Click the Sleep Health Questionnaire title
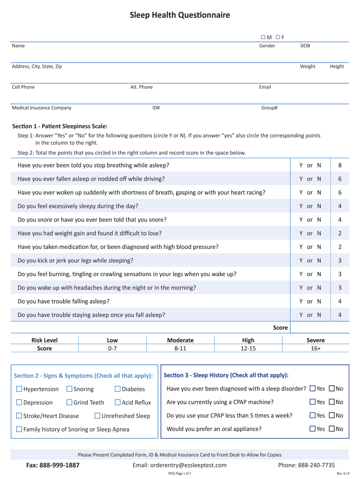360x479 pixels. [x=180, y=15]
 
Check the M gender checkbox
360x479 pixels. [x=263, y=37]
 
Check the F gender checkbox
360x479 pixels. [x=277, y=37]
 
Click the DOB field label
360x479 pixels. [x=305, y=46]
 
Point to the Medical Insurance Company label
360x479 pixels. [x=42, y=108]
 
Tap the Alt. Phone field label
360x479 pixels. [x=141, y=87]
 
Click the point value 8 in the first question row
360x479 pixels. [x=340, y=165]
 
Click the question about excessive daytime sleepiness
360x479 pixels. [x=78, y=206]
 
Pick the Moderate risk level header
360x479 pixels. [x=180, y=340]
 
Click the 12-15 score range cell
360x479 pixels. [x=248, y=348]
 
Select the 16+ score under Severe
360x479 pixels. [x=315, y=348]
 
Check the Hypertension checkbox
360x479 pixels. [x=19, y=389]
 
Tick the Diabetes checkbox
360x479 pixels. [x=118, y=389]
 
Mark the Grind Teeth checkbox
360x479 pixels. [x=69, y=402]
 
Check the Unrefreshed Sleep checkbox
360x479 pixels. [x=98, y=415]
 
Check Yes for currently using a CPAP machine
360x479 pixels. [x=312, y=402]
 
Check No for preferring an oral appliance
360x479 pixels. [x=332, y=428]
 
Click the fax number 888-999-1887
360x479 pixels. [x=52, y=465]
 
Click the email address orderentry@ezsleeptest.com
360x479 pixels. [x=180, y=465]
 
